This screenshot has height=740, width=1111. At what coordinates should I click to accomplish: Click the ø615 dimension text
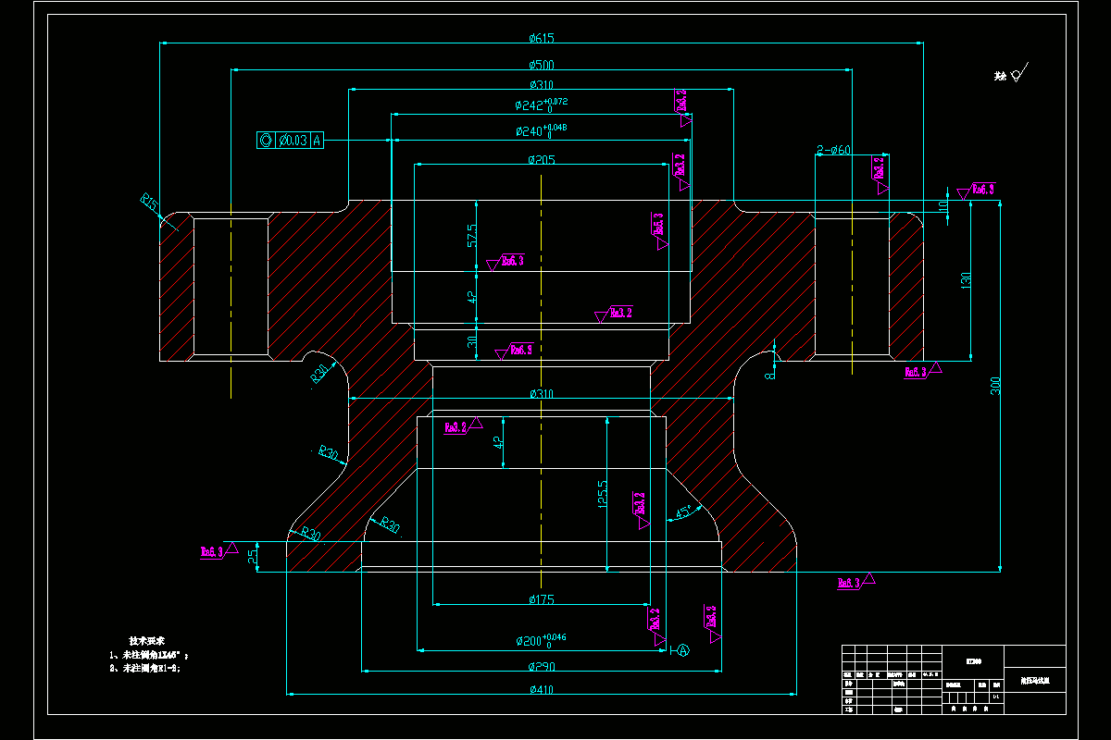pos(542,38)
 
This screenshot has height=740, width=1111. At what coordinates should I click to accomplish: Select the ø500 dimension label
pos(542,65)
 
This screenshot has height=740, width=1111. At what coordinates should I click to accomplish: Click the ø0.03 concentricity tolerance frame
pos(291,140)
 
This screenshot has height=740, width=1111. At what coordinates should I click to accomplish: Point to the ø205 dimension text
pos(542,160)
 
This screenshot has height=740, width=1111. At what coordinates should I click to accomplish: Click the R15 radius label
pos(149,201)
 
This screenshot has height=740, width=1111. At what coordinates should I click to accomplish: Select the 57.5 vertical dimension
pos(472,235)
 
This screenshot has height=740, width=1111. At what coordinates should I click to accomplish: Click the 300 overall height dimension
pos(996,387)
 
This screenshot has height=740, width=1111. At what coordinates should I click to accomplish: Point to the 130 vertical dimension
pos(966,279)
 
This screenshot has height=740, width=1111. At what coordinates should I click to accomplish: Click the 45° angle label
pos(684,512)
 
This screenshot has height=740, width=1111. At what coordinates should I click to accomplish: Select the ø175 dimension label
pos(542,600)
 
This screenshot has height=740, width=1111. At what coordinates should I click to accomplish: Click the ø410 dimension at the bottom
pos(542,688)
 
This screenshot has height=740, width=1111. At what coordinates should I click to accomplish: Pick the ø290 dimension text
pos(542,666)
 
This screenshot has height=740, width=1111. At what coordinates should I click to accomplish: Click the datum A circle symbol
pos(683,650)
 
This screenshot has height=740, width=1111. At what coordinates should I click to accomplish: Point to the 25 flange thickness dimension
pos(253,556)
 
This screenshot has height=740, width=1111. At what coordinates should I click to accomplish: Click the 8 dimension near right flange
pos(768,374)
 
